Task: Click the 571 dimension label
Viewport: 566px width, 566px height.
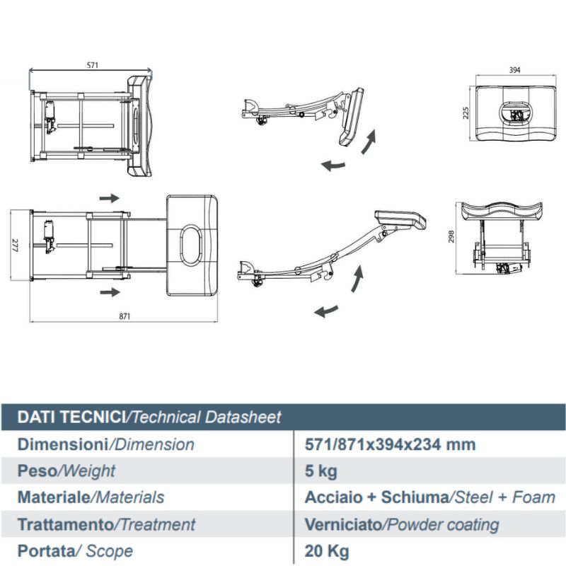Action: tap(93, 65)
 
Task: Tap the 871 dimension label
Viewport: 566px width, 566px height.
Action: tap(125, 316)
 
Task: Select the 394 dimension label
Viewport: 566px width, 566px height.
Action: tap(514, 70)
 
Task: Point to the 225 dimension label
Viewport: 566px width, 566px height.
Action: tap(466, 113)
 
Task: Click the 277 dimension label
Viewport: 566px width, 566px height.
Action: tap(15, 245)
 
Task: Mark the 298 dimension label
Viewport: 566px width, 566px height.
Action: tap(451, 237)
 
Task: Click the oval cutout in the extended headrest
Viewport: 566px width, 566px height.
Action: tap(191, 245)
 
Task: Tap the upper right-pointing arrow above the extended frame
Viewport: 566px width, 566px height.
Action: tap(110, 198)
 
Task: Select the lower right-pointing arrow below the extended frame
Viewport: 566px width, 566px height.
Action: tap(110, 291)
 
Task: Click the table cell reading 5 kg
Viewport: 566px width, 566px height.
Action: tap(321, 471)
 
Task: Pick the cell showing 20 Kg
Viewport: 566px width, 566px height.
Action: tap(327, 551)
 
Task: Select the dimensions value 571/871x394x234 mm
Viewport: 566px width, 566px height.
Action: tap(391, 444)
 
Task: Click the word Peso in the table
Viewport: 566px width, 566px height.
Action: tap(37, 470)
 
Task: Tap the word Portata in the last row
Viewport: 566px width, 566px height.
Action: tap(46, 551)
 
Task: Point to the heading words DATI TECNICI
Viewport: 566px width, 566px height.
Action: tap(71, 417)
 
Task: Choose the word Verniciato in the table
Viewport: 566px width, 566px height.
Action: tap(343, 524)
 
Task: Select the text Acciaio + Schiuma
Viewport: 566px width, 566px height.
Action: tap(376, 497)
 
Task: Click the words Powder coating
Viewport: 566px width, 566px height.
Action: tap(443, 525)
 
